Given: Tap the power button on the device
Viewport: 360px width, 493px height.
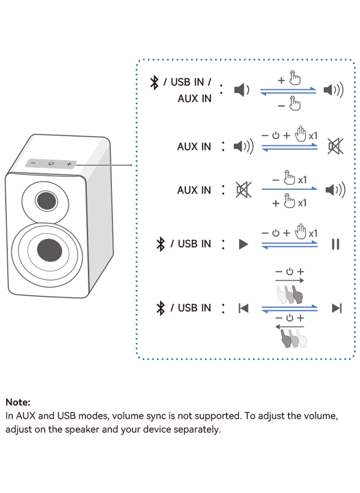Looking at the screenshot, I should click(x=51, y=164).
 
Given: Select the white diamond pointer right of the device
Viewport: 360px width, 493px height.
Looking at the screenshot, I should click(x=123, y=165).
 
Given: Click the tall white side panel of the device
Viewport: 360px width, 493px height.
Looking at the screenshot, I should click(x=99, y=216).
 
